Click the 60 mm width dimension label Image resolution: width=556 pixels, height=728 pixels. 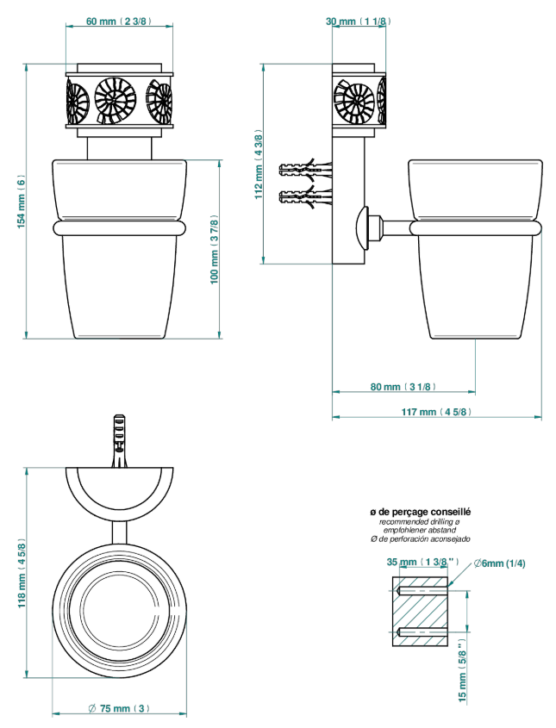[x=119, y=22]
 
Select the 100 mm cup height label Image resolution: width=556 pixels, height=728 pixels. [x=214, y=250]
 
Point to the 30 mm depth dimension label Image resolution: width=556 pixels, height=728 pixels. [x=358, y=22]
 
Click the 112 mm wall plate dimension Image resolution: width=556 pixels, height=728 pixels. [x=259, y=165]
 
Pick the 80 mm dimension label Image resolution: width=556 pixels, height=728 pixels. [x=403, y=387]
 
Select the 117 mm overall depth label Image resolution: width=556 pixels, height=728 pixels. [x=436, y=412]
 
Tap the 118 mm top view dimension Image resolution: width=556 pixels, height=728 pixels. [x=22, y=574]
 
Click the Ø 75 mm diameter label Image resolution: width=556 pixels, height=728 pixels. [x=119, y=708]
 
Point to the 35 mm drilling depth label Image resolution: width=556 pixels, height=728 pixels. [x=422, y=562]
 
